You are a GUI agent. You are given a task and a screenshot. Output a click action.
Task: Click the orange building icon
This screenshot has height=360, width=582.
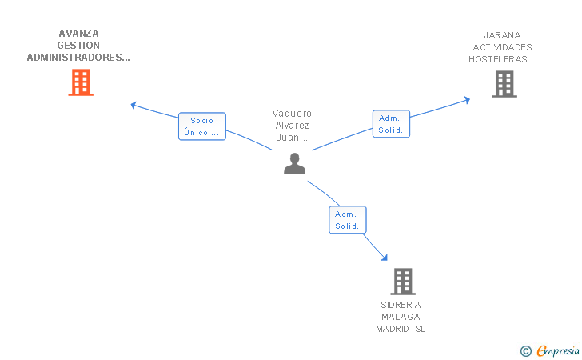(81, 82)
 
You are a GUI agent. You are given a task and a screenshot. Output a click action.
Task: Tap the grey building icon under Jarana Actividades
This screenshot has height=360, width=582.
(504, 84)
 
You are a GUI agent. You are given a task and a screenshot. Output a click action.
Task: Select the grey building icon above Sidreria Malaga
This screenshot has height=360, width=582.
(403, 282)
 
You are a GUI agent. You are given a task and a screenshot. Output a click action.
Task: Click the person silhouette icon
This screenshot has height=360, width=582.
(294, 163)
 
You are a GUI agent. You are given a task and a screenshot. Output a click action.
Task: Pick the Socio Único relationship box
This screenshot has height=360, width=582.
(202, 126)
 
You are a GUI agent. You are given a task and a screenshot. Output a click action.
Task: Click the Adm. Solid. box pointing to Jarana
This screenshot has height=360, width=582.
(391, 124)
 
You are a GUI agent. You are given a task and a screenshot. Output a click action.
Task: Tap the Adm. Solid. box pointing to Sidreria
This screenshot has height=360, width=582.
(348, 219)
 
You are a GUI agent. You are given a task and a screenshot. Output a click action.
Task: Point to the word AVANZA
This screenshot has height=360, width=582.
(78, 34)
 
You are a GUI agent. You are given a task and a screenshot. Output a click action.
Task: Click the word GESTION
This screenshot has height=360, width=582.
(78, 46)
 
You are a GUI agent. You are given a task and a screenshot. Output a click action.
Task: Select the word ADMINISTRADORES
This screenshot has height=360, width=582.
(76, 58)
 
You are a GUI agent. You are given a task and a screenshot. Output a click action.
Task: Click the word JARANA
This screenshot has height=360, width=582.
(502, 35)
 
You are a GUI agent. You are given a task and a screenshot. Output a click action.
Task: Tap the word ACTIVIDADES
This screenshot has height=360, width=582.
(502, 47)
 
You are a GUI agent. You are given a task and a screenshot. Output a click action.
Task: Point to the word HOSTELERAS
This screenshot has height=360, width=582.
(498, 59)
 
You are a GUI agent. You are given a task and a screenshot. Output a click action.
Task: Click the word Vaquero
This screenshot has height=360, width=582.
(292, 114)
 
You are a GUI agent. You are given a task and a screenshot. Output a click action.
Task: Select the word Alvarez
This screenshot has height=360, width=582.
(292, 126)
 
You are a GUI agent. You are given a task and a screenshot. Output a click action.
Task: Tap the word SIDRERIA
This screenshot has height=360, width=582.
(401, 305)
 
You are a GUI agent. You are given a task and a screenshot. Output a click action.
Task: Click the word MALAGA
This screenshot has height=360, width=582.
(401, 317)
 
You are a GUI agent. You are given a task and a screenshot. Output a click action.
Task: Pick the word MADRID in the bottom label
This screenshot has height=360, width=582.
(393, 329)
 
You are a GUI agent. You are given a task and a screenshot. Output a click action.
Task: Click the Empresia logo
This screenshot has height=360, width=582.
(550, 350)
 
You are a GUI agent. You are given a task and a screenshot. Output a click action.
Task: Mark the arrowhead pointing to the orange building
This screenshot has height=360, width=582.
(134, 105)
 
